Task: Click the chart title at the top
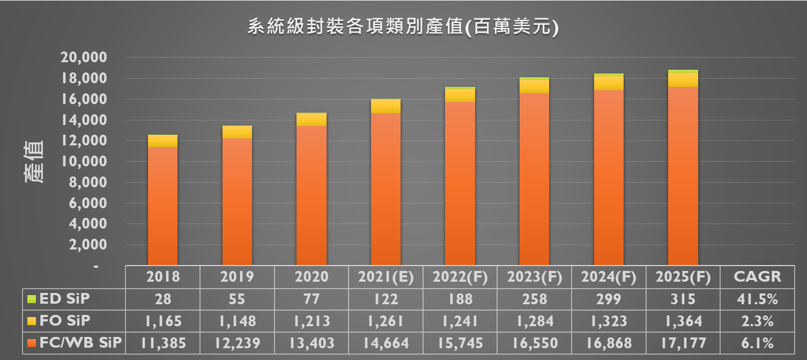coord(403,27)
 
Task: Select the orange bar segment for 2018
coord(162,207)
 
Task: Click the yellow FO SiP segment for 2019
coord(237,132)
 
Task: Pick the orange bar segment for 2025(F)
coord(683,177)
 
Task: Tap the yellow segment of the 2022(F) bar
coord(460,95)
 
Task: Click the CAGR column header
coord(757,277)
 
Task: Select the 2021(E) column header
coord(386,277)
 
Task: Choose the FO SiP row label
coord(65,321)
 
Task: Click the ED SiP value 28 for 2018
coord(162,299)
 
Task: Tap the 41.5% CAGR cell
coord(757,299)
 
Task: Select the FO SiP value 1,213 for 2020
coord(311,321)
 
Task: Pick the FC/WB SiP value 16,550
coord(534,343)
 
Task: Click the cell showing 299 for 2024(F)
coord(608,299)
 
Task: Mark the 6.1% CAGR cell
coord(757,343)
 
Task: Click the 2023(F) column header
coord(534,277)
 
